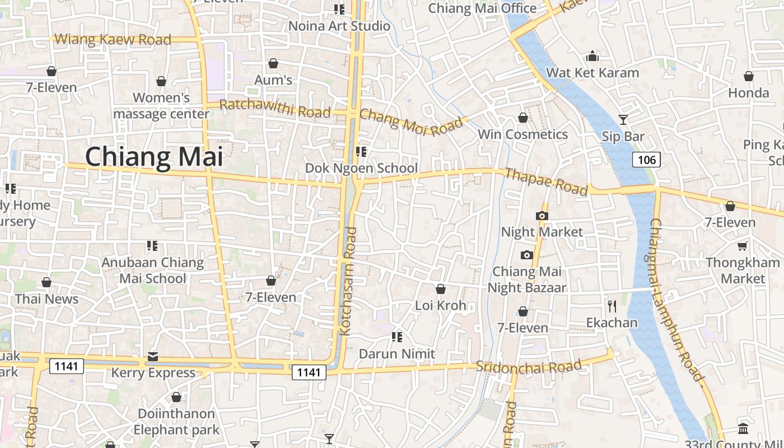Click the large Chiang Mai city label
154,157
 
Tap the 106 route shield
647,160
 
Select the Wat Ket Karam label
592,73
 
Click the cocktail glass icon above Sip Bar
623,119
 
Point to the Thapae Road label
546,181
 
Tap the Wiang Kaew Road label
114,40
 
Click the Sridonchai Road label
529,367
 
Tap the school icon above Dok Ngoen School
361,151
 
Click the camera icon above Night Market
542,216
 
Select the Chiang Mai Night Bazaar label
527,279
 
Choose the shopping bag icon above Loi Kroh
441,289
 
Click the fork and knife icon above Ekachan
612,306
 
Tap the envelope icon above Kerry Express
152,356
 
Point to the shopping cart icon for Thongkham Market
743,246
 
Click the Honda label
749,93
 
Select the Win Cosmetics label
522,134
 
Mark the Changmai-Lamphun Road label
676,300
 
